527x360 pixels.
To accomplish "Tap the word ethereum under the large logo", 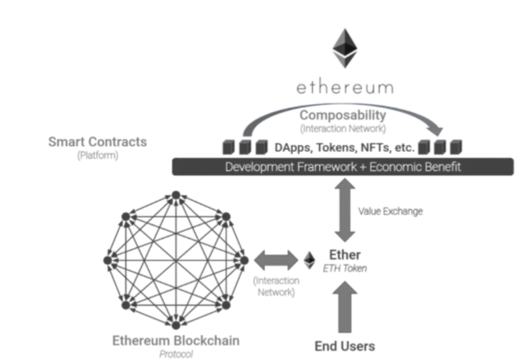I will tap(345, 88).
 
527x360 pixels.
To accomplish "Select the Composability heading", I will tap(343, 115).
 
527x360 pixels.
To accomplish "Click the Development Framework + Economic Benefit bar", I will tap(343, 167).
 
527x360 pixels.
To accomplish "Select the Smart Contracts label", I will tap(97, 142).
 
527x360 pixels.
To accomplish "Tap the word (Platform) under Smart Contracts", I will tap(97, 155).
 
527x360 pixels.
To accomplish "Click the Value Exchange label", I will tap(391, 211).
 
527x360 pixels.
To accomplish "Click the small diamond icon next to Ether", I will tap(310, 260).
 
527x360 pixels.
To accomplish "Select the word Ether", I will tap(345, 255).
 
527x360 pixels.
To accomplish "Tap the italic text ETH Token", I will tap(345, 268).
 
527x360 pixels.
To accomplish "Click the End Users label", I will tap(345, 346).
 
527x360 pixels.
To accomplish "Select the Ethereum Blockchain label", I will tap(174, 340).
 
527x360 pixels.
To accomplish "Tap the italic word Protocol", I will tap(174, 353).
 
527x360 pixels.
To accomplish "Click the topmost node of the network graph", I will tap(175, 195).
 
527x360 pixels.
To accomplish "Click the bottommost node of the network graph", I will tap(175, 324).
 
